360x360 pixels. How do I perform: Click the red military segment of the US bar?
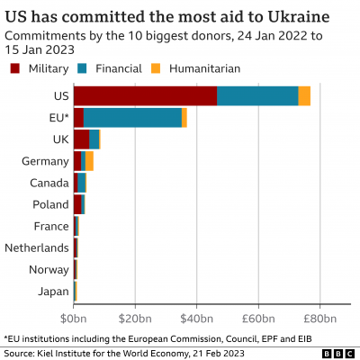click(x=145, y=96)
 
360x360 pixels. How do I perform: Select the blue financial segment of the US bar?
click(x=257, y=96)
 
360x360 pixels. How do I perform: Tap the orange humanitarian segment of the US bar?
click(x=304, y=96)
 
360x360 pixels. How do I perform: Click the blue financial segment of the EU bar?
click(x=132, y=118)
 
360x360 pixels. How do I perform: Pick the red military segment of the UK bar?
click(x=81, y=139)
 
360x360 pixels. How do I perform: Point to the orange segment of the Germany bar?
click(x=90, y=161)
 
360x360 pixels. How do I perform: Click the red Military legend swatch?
click(x=15, y=68)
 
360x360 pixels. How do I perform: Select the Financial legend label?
click(x=121, y=68)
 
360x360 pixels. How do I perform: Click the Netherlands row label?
click(x=36, y=247)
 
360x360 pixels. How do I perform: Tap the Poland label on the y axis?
click(x=49, y=204)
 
